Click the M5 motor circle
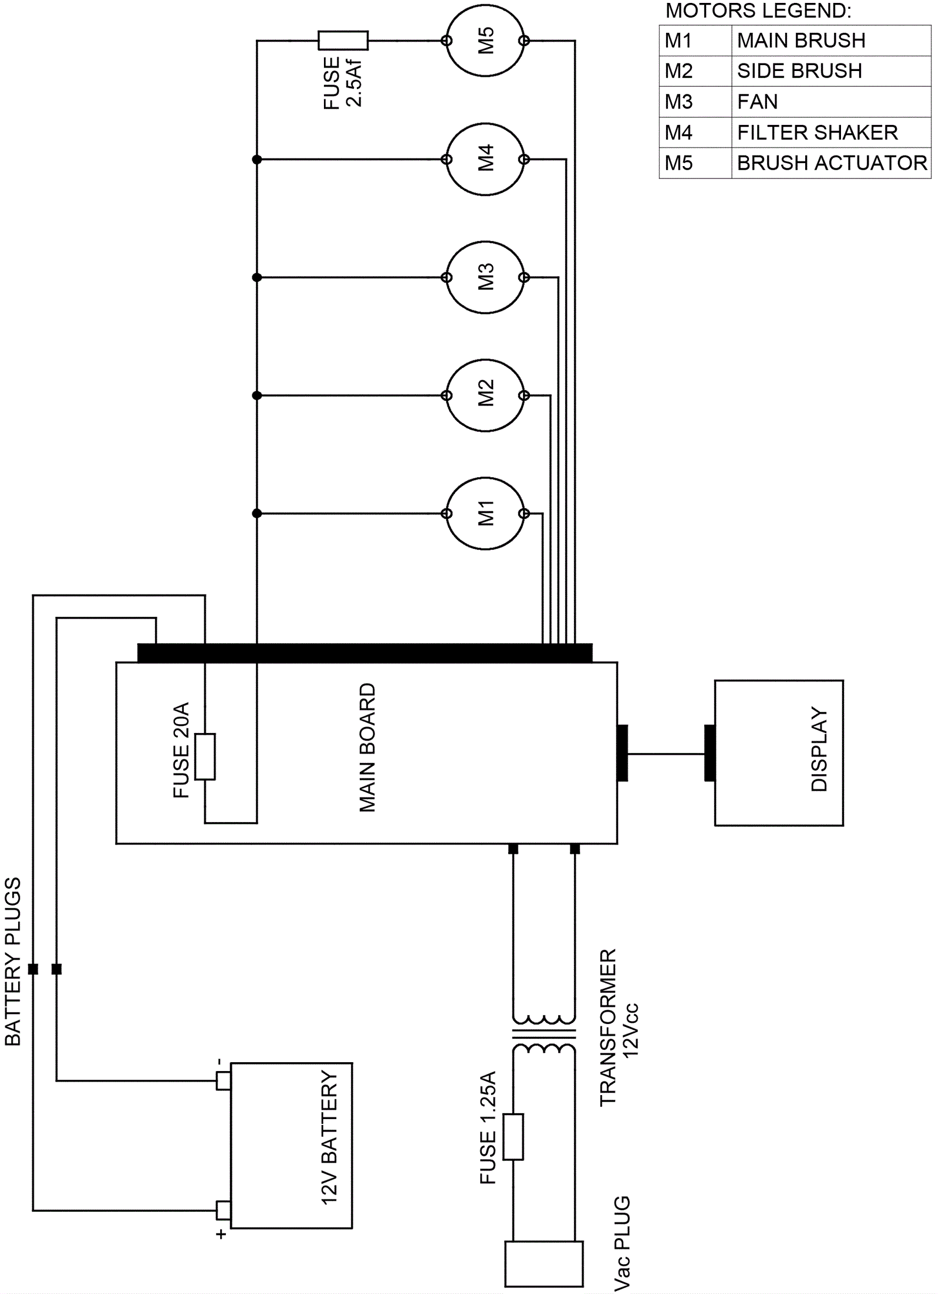coord(485,40)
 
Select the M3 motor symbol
coord(485,277)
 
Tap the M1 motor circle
coord(485,513)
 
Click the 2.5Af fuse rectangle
coord(343,40)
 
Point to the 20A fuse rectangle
coord(205,756)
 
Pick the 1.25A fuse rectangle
coord(513,1137)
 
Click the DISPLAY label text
coord(819,749)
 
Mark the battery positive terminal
coord(224,1209)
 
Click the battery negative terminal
coord(224,1080)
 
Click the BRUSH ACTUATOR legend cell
coord(831,163)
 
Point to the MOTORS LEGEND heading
coord(758,11)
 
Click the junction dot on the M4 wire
coord(256,159)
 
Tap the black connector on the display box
coord(710,753)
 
